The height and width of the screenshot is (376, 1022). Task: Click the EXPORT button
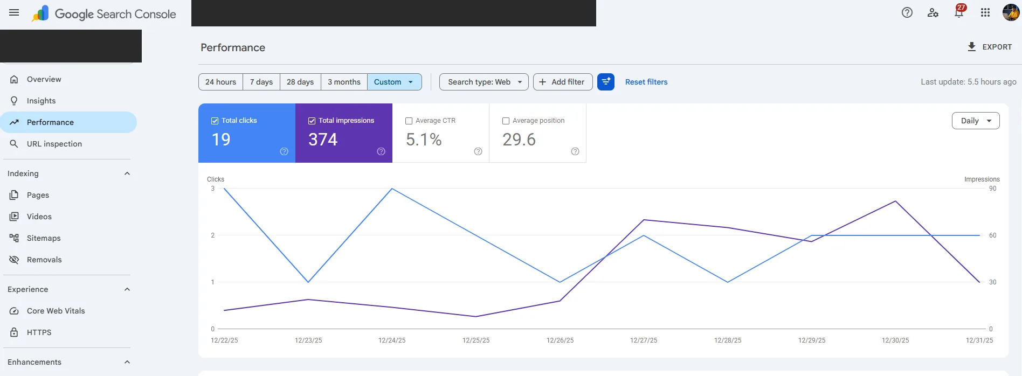coord(990,47)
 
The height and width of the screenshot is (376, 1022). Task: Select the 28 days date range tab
coord(300,82)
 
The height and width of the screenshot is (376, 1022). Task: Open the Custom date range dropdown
coord(394,82)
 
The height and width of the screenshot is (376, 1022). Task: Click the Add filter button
coord(563,82)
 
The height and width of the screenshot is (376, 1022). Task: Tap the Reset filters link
coord(646,82)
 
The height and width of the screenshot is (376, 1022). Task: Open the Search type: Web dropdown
coord(484,82)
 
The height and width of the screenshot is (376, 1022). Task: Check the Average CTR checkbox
coord(409,121)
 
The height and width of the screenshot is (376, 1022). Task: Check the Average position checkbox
coord(506,121)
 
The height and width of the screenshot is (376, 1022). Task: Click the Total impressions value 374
coord(323,140)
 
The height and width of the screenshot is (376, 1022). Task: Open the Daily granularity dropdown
coord(976,121)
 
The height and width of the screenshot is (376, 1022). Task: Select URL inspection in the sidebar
coord(54,144)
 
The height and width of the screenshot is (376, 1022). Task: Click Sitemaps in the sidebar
coord(44,238)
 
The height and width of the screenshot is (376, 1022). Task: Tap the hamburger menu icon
coord(14,13)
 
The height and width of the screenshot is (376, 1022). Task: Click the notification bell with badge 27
coord(959,12)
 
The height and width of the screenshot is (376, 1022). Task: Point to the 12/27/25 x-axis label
coord(644,340)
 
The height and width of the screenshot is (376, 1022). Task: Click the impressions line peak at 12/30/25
coord(895,201)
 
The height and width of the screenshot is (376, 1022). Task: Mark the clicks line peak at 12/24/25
coord(392,189)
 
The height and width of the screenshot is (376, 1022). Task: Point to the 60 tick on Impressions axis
coord(992,235)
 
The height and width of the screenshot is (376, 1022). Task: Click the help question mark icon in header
coord(907,12)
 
